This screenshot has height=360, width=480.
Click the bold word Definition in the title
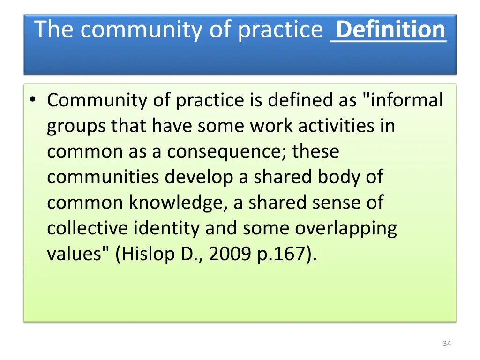tap(390, 30)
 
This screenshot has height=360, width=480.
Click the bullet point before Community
tap(32, 100)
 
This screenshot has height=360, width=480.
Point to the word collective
tap(88, 228)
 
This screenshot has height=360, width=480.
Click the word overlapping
tap(345, 229)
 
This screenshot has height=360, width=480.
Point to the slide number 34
tap(447, 344)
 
